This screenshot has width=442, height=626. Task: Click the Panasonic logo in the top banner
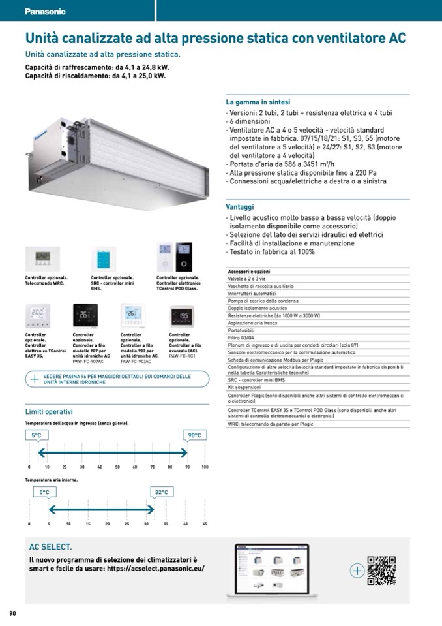click(x=45, y=12)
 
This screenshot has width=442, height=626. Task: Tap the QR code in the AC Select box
click(x=381, y=570)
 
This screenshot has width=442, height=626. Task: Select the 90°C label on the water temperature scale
click(x=195, y=435)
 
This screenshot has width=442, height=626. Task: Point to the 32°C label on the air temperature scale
click(x=161, y=492)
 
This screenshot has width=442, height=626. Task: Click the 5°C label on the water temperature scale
click(x=37, y=435)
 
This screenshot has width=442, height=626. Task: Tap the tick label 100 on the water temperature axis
click(x=205, y=467)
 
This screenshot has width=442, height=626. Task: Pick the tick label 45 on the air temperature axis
click(x=205, y=524)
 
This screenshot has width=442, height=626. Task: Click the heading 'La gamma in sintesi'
click(x=258, y=102)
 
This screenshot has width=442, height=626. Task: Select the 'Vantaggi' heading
click(x=240, y=207)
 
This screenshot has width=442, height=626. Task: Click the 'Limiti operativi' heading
click(x=49, y=411)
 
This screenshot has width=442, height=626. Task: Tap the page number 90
click(x=12, y=613)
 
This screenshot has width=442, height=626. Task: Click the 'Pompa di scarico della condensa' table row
click(x=263, y=300)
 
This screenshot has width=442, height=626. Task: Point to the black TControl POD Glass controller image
click(x=184, y=257)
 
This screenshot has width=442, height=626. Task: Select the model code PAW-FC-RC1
click(x=182, y=356)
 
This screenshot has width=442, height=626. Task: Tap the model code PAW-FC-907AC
click(x=88, y=360)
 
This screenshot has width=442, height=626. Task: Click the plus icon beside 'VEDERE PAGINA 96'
click(x=35, y=379)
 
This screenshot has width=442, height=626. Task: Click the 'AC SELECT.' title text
click(x=51, y=547)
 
